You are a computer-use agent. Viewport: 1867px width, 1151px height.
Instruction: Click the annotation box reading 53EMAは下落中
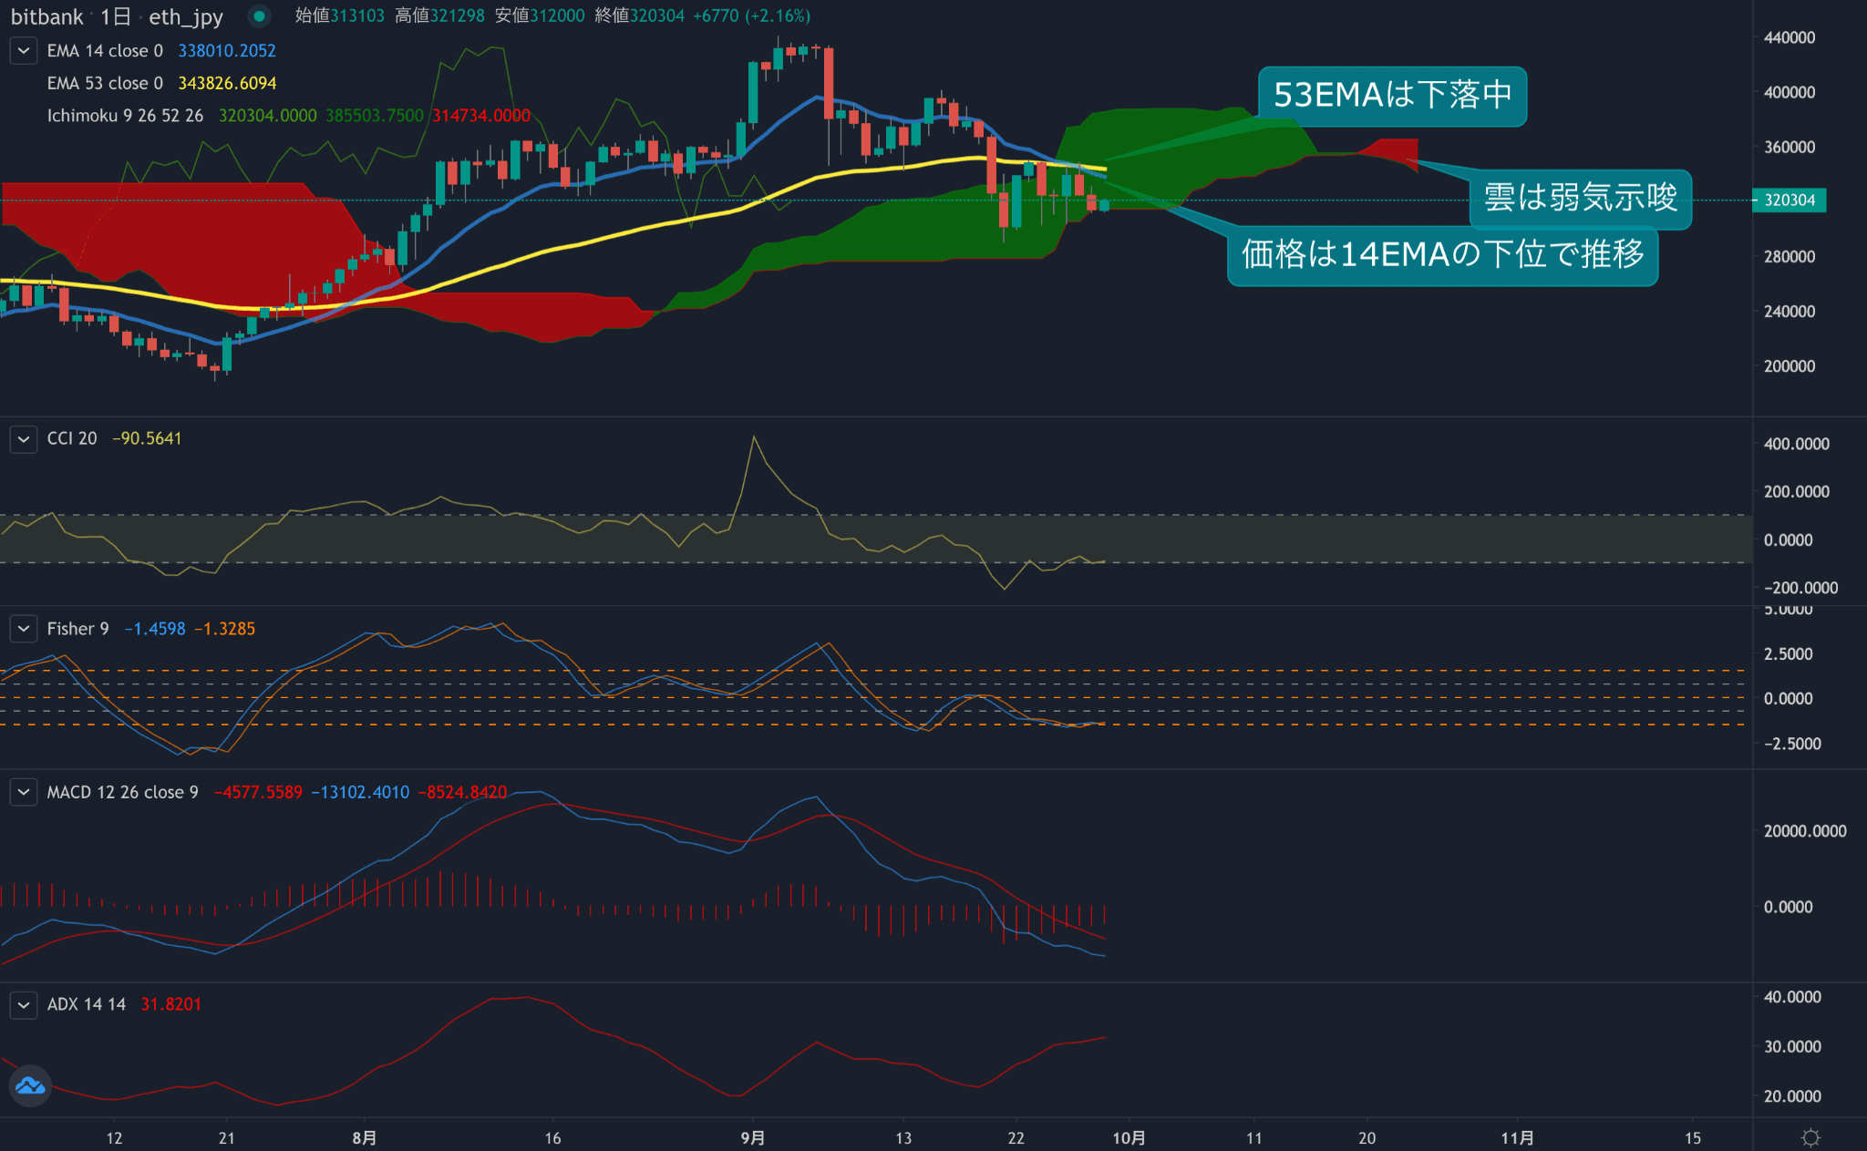pos(1392,96)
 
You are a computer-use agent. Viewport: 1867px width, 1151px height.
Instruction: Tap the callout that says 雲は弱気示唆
pos(1580,198)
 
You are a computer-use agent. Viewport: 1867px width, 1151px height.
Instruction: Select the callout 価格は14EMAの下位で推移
pos(1442,254)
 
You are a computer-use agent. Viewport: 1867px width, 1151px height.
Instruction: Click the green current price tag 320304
pos(1789,200)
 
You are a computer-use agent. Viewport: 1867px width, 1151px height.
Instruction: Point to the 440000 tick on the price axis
pos(1789,38)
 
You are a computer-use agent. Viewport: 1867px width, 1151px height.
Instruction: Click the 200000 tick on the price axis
pos(1789,366)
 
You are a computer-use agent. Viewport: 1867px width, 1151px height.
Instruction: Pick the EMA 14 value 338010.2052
pos(226,51)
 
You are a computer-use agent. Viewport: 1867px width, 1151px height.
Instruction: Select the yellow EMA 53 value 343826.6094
pos(227,84)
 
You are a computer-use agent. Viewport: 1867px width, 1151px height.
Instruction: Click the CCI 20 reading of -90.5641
pos(146,439)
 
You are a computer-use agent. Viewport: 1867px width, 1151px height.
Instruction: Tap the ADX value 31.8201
pos(170,1004)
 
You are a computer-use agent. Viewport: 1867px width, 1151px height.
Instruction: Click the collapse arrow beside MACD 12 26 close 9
pos(24,793)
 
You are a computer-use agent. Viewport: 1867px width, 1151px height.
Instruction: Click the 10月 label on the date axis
pos(1129,1138)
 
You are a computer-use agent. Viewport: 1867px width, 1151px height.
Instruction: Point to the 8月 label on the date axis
pos(364,1138)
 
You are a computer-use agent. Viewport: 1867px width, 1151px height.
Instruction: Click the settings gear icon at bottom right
pos(1810,1137)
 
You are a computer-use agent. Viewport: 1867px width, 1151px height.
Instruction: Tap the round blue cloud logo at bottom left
pos(30,1085)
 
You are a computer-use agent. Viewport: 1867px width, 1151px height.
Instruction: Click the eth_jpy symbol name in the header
pos(186,16)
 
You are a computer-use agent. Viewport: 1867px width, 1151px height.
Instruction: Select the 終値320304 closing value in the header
pos(639,16)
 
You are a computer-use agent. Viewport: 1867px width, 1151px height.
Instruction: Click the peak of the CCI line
pos(754,437)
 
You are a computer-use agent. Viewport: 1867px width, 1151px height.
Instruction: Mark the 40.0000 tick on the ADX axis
pos(1791,998)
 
